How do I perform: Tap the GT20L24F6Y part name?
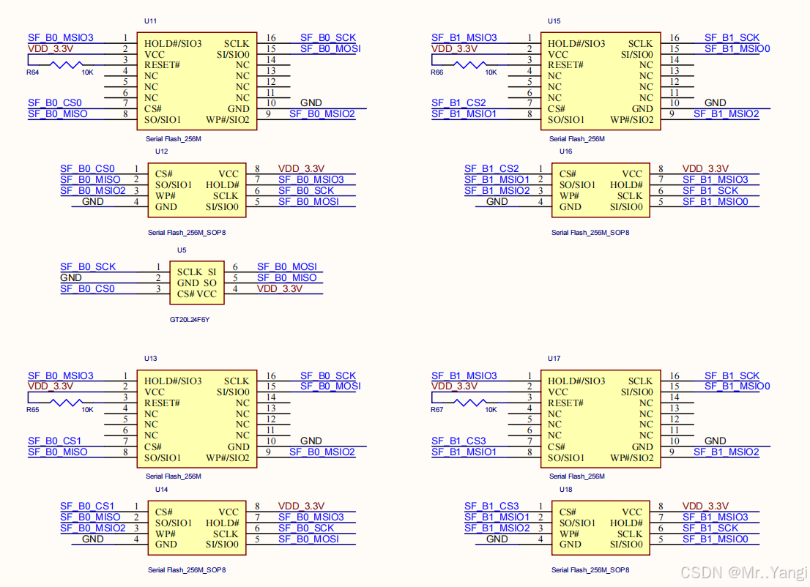pyautogui.click(x=190, y=320)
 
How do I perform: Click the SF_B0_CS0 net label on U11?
pyautogui.click(x=55, y=103)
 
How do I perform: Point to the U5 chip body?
pyautogui.click(x=197, y=283)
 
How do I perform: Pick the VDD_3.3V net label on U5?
pyautogui.click(x=279, y=289)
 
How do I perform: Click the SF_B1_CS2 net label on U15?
pyautogui.click(x=458, y=103)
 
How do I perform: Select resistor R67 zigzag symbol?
pyautogui.click(x=469, y=403)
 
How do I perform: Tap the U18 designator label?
pyautogui.click(x=565, y=490)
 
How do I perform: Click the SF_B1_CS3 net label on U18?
pyautogui.click(x=491, y=506)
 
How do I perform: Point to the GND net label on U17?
pyautogui.click(x=715, y=441)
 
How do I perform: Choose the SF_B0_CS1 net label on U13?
pyautogui.click(x=55, y=441)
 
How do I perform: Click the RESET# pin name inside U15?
pyautogui.click(x=569, y=65)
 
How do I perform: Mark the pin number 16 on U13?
pyautogui.click(x=271, y=375)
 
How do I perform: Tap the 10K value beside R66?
pyautogui.click(x=491, y=72)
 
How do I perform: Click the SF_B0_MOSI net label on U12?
pyautogui.click(x=308, y=202)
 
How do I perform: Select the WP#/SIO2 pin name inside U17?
pyautogui.click(x=632, y=458)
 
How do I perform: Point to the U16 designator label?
pyautogui.click(x=565, y=152)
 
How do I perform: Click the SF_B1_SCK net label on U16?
pyautogui.click(x=710, y=191)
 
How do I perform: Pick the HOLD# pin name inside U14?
pyautogui.click(x=222, y=523)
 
